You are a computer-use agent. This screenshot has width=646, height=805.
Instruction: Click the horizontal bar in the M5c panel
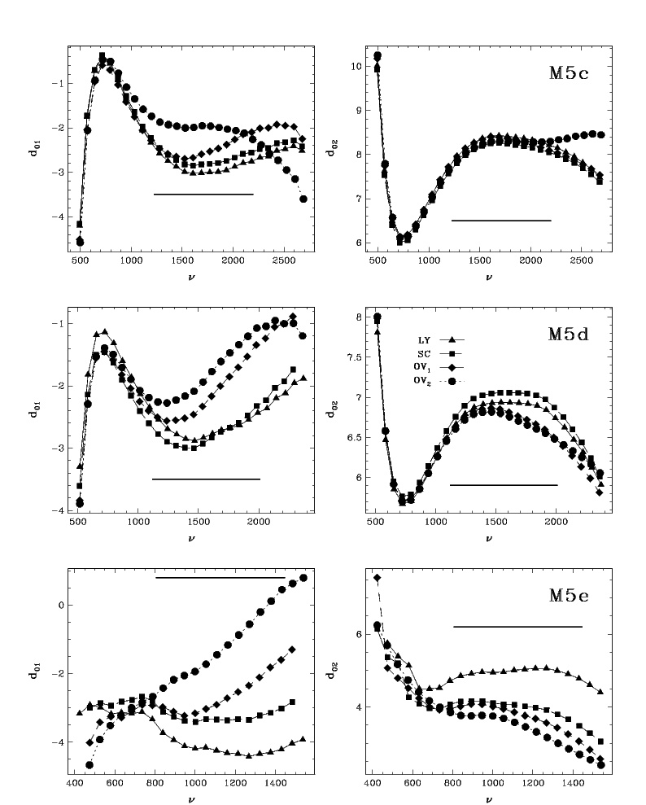coord(501,221)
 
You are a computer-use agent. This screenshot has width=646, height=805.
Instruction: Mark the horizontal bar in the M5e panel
coord(517,627)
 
